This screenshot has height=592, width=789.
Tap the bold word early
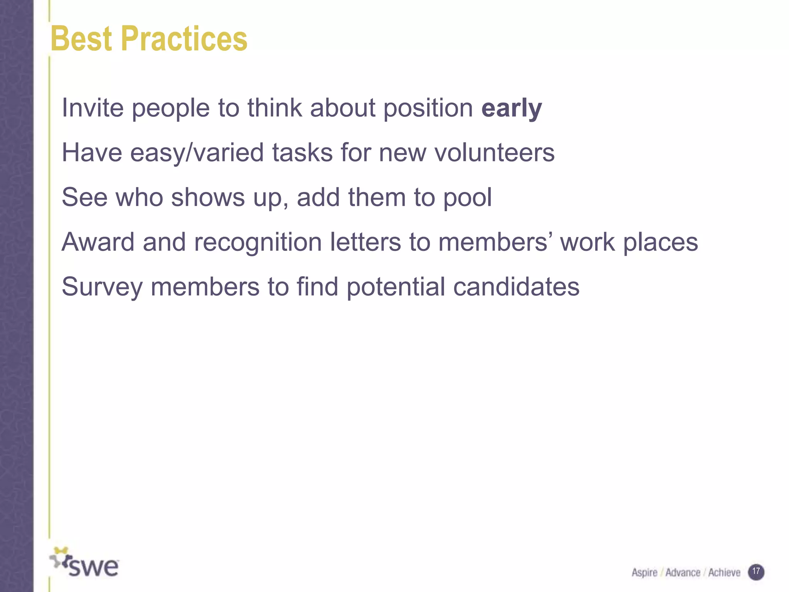pyautogui.click(x=512, y=109)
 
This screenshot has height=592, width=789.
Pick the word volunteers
pyautogui.click(x=495, y=153)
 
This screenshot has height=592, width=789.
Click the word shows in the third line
pyautogui.click(x=208, y=197)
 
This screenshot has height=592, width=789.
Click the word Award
pyautogui.click(x=98, y=242)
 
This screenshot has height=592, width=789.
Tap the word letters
pyautogui.click(x=365, y=242)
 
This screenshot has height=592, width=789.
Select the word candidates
pyautogui.click(x=516, y=287)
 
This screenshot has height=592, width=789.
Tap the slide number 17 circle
pyautogui.click(x=756, y=572)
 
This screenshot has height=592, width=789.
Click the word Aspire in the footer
pyautogui.click(x=644, y=573)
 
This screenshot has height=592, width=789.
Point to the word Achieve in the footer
pyautogui.click(x=724, y=573)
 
